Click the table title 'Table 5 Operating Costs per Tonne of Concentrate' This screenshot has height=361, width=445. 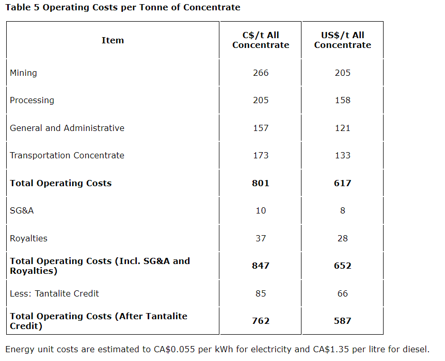[x=123, y=7]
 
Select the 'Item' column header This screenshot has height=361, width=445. [x=113, y=40]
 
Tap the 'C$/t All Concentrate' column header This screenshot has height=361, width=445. [x=261, y=40]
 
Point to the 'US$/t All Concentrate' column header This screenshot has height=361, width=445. [x=342, y=40]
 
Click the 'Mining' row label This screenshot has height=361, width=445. [x=23, y=73]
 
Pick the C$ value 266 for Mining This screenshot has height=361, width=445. [x=261, y=73]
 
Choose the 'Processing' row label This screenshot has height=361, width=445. [x=32, y=100]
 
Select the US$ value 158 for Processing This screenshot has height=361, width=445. [x=342, y=100]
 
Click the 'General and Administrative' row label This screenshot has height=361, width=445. [x=67, y=128]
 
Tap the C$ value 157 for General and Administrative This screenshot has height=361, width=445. [x=261, y=128]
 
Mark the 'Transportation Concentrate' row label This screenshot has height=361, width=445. [x=67, y=155]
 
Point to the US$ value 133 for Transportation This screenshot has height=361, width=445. [x=342, y=155]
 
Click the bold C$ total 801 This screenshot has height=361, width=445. [x=261, y=183]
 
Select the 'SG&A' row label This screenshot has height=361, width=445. [x=22, y=210]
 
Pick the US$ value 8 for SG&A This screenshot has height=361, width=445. [x=342, y=210]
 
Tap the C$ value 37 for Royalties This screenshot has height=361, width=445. [x=261, y=238]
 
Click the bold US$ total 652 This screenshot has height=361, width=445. [x=342, y=266]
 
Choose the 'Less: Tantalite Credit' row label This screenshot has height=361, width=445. [x=54, y=293]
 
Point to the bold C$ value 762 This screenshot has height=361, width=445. [x=261, y=321]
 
